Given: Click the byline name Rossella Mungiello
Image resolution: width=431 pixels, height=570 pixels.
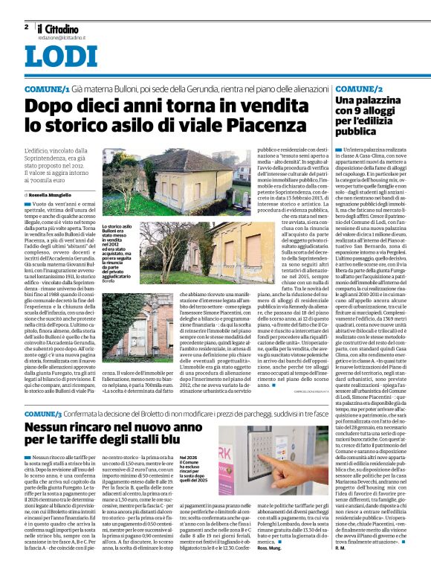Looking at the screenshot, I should (56, 194).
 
